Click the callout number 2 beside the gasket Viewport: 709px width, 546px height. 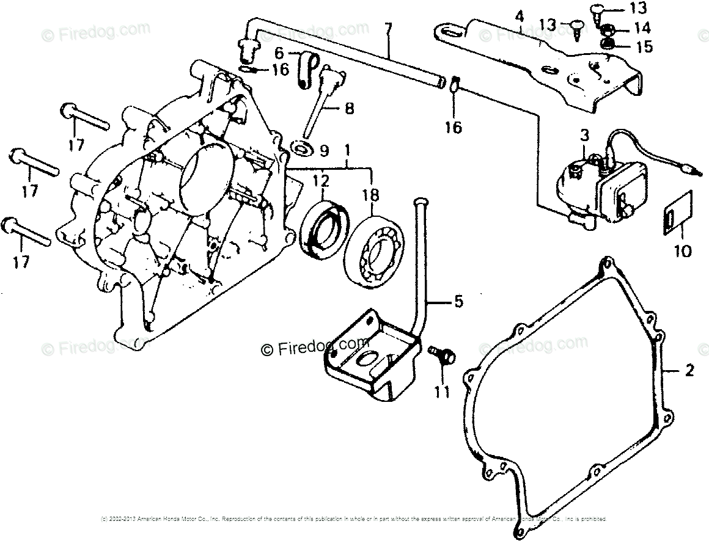(689, 369)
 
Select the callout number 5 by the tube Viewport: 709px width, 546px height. (458, 302)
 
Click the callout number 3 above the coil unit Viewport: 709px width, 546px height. (584, 135)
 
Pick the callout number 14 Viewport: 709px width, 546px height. (643, 28)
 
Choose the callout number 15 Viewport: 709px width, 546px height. (644, 46)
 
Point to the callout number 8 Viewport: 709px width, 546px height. (348, 109)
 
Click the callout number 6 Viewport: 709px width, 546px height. (279, 53)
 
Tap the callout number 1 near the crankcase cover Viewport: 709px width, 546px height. (347, 148)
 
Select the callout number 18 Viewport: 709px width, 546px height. (370, 195)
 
